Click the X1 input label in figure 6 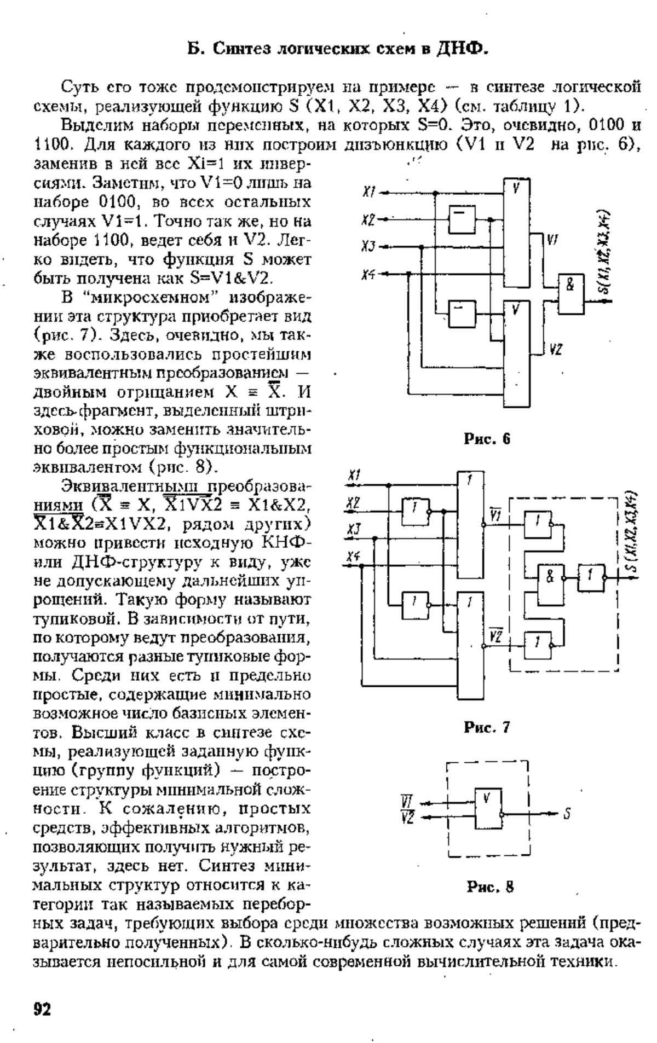coord(368,192)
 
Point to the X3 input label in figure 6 coord(368,247)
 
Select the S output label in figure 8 coord(568,814)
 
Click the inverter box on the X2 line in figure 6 coord(462,219)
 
